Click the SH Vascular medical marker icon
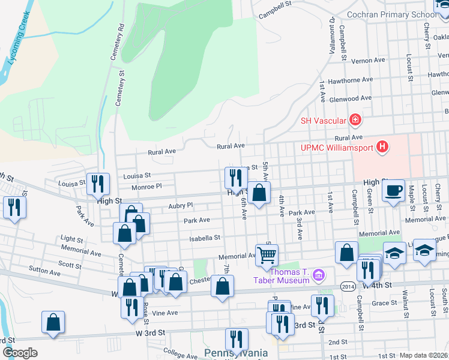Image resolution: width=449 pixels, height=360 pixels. (355, 121)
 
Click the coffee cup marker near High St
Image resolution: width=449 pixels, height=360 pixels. (393, 191)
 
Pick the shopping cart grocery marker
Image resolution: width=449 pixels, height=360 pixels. (267, 254)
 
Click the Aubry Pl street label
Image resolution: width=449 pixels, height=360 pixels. (181, 206)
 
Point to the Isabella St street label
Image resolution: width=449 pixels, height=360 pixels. (205, 238)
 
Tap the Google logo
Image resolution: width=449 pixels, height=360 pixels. (20, 353)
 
